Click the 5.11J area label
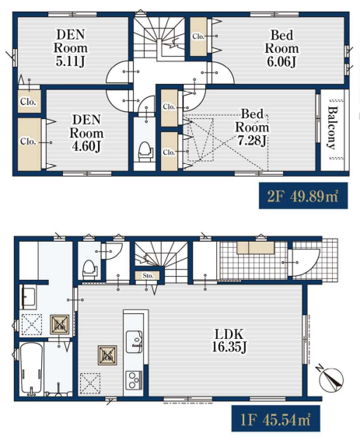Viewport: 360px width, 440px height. (70, 61)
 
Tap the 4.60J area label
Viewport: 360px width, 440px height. (86, 146)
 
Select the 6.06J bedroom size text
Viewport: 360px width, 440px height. (281, 61)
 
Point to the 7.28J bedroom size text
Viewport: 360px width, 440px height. (252, 141)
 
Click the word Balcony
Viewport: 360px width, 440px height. (332, 128)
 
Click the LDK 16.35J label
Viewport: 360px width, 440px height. (229, 341)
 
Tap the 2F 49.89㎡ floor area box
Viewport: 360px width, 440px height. (303, 196)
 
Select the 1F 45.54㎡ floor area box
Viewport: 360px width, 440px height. (276, 418)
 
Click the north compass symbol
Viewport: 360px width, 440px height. (331, 379)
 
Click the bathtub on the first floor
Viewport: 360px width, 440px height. (31, 369)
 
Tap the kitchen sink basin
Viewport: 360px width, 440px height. (134, 341)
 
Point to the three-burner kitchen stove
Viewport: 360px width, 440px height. (134, 380)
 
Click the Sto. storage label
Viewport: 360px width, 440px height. (148, 275)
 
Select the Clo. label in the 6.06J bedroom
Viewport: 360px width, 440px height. (198, 37)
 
